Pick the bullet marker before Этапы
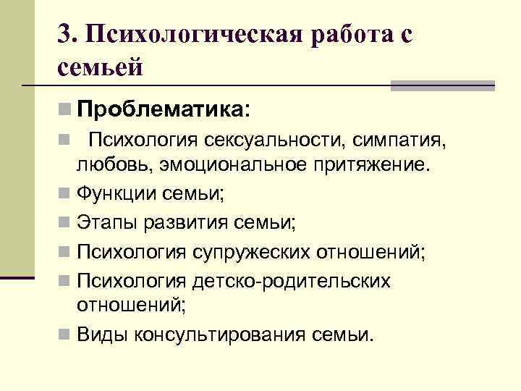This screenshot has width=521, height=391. pos(66,223)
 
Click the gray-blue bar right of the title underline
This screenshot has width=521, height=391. pos(442,85)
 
